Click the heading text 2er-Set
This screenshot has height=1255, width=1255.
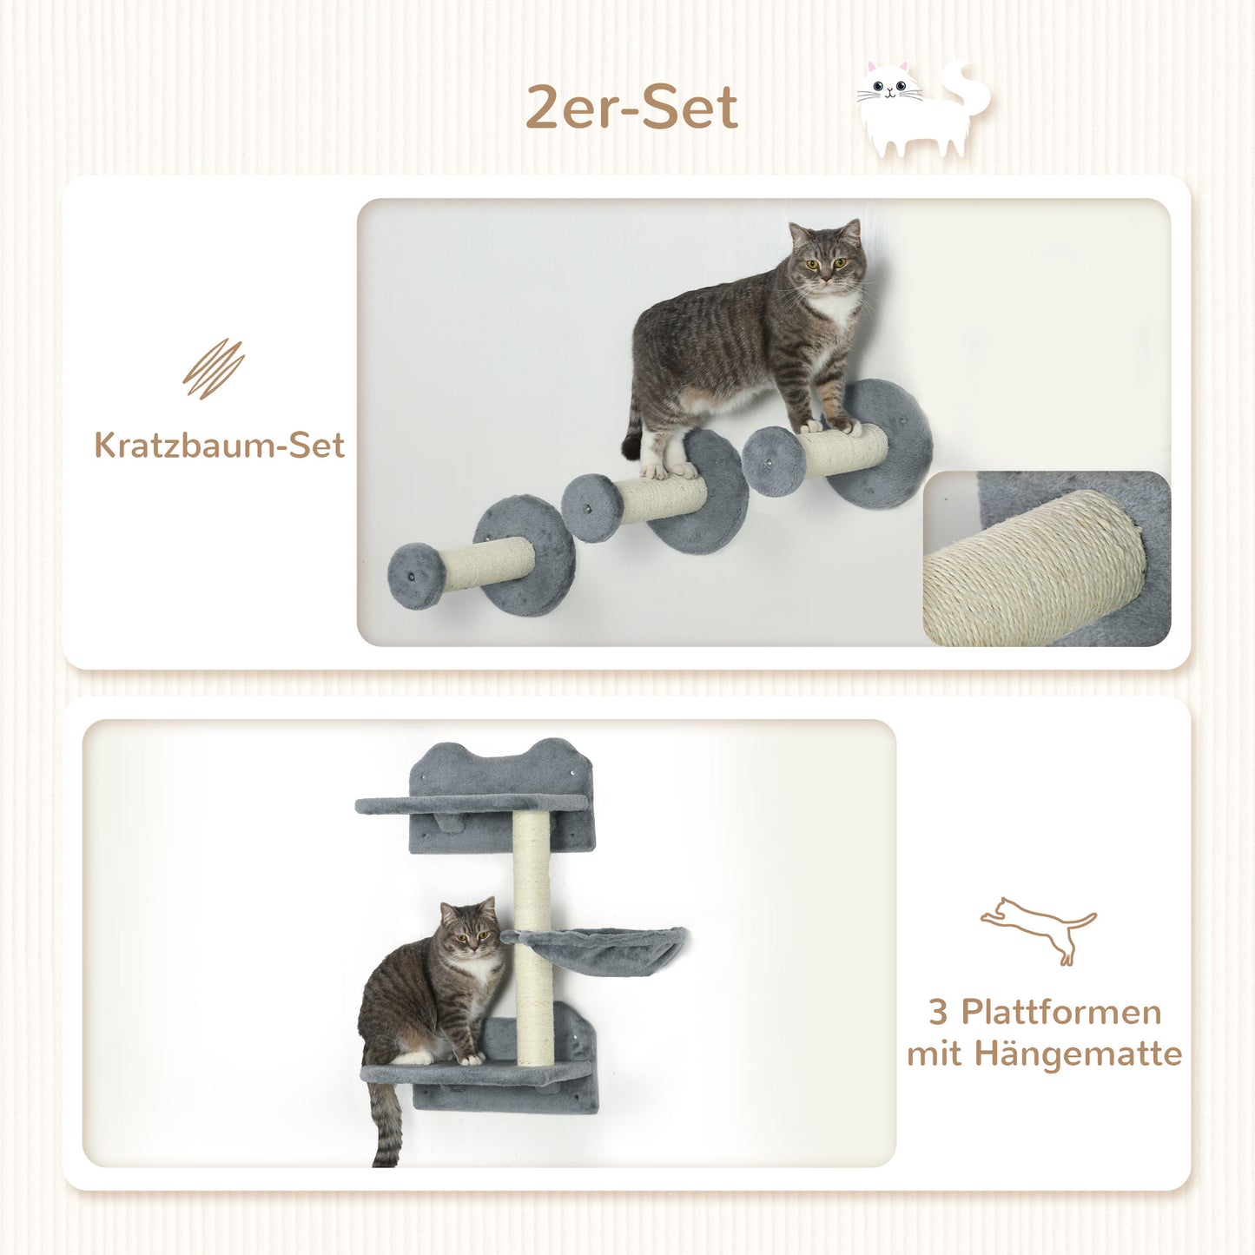tap(631, 108)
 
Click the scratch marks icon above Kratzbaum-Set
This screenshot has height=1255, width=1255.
tap(214, 369)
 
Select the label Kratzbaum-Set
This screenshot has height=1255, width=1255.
tap(219, 446)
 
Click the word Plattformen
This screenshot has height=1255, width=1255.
tap(1060, 1012)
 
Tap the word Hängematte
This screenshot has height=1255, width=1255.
tap(1078, 1054)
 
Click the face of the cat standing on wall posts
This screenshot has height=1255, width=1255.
tap(826, 260)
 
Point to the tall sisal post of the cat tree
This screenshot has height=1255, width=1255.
tap(532, 938)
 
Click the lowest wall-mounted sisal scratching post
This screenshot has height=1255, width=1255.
tap(486, 564)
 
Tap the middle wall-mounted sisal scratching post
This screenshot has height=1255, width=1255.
tap(662, 499)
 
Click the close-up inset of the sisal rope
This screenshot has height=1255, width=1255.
tap(1047, 560)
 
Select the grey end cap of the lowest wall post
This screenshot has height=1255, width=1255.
tap(416, 576)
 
